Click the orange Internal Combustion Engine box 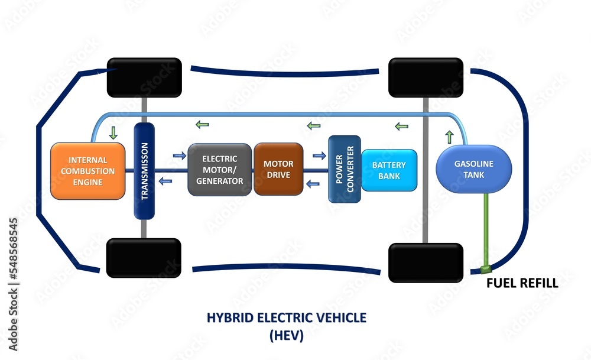tap(88, 170)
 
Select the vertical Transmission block tap(144, 170)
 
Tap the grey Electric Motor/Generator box tap(219, 170)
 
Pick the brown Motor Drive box tap(278, 169)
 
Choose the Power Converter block tap(344, 169)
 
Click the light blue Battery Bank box tap(388, 170)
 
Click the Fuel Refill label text tap(522, 283)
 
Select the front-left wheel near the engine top tap(144, 77)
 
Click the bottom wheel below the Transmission tap(143, 258)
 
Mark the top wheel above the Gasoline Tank tap(426, 77)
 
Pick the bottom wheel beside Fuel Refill tap(426, 262)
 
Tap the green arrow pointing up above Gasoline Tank tap(449, 137)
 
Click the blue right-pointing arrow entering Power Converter tap(319, 155)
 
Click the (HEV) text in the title tap(286, 336)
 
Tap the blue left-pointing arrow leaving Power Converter tap(313, 183)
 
